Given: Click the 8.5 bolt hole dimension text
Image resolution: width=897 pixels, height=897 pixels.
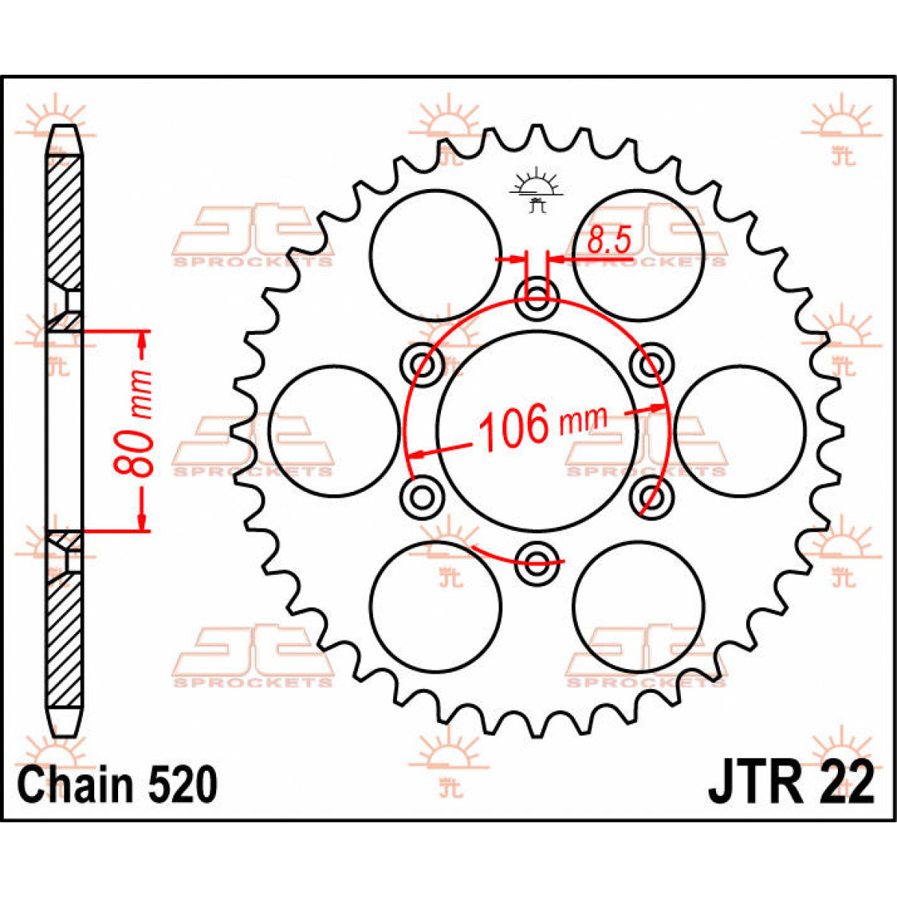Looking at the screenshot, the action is (609, 240).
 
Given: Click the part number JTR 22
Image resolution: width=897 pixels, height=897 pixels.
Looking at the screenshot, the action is (791, 786).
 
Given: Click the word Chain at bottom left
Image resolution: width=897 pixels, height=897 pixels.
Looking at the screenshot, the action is (75, 786).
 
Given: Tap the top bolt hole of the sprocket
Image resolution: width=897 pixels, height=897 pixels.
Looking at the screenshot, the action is (537, 299).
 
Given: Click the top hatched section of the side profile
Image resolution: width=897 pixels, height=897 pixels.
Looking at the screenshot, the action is (64, 222).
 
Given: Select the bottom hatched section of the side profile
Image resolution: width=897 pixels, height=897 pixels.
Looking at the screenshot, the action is (64, 641).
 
